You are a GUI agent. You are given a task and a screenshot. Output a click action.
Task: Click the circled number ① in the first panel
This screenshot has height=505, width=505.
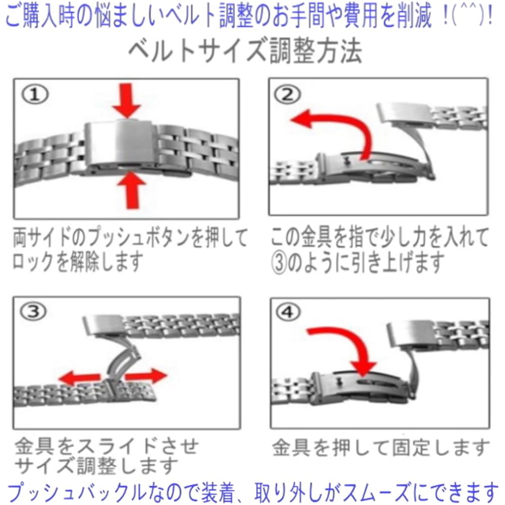coord(35,94)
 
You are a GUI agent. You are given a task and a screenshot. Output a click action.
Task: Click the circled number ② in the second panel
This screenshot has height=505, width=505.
coord(287,94)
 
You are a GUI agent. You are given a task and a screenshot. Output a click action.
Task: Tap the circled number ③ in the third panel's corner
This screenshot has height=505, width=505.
coord(33,312)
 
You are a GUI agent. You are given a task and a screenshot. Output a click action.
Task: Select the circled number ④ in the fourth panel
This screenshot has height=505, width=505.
coord(288,312)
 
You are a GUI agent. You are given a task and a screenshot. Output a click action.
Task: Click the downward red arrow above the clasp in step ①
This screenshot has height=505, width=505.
coord(127,100)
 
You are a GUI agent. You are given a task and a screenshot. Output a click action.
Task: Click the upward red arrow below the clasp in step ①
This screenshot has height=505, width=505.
coord(132,190)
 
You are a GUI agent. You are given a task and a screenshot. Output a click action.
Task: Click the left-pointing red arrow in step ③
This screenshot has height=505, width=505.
coord(80,377)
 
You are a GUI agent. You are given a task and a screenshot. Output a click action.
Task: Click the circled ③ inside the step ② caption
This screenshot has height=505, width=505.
coord(279,263)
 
